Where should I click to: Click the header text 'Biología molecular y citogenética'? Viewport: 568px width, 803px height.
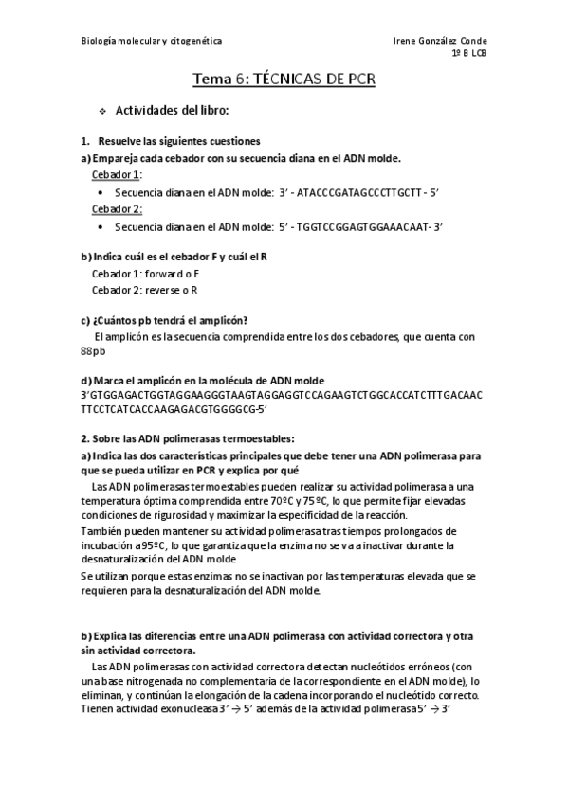point(152,42)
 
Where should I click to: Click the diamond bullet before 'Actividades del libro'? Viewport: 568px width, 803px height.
point(101,111)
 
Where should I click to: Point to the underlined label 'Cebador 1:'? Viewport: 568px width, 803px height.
point(117,175)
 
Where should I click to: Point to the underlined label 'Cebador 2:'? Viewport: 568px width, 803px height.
point(117,208)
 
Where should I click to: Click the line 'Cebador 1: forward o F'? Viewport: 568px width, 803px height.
point(145,273)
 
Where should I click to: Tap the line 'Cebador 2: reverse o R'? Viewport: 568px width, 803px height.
point(145,290)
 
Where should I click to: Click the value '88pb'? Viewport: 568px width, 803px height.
point(93,351)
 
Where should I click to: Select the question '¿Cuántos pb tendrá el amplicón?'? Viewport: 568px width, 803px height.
point(170,319)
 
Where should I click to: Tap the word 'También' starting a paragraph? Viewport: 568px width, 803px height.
point(101,531)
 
